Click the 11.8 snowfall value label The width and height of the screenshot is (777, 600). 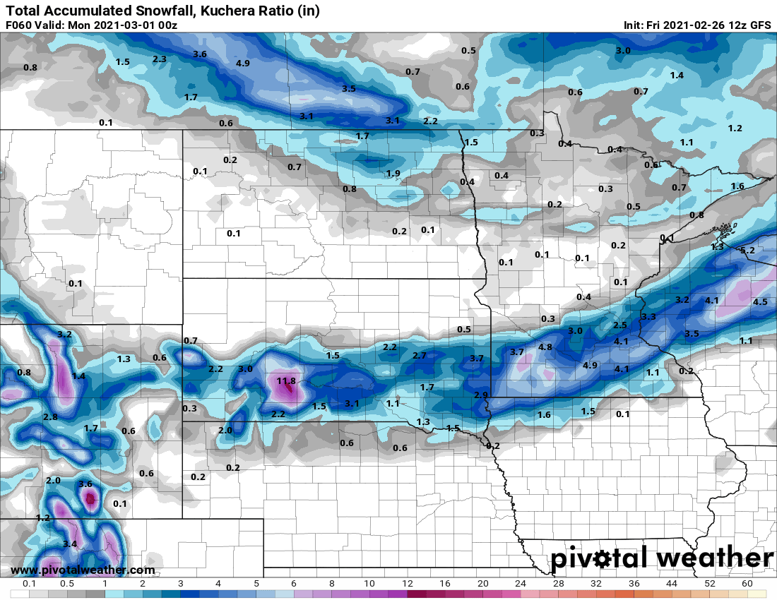[286, 381]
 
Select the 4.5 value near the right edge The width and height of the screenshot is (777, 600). [760, 301]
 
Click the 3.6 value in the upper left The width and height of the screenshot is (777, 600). [200, 54]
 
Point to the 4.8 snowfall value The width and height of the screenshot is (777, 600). [545, 347]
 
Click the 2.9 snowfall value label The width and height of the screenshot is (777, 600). [481, 394]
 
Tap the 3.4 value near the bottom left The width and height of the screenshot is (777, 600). [69, 544]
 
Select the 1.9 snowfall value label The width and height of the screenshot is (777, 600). [393, 173]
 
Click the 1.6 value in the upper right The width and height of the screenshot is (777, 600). [737, 186]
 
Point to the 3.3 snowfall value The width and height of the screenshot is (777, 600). [648, 316]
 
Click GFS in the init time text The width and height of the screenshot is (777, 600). [760, 25]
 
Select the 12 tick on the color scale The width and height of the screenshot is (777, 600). [408, 584]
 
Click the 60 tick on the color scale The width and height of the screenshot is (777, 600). [747, 584]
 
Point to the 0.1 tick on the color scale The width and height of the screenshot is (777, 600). [30, 584]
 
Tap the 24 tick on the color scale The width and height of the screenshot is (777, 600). [521, 584]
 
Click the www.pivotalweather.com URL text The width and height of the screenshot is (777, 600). [83, 570]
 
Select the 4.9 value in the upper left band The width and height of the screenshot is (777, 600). [243, 63]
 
